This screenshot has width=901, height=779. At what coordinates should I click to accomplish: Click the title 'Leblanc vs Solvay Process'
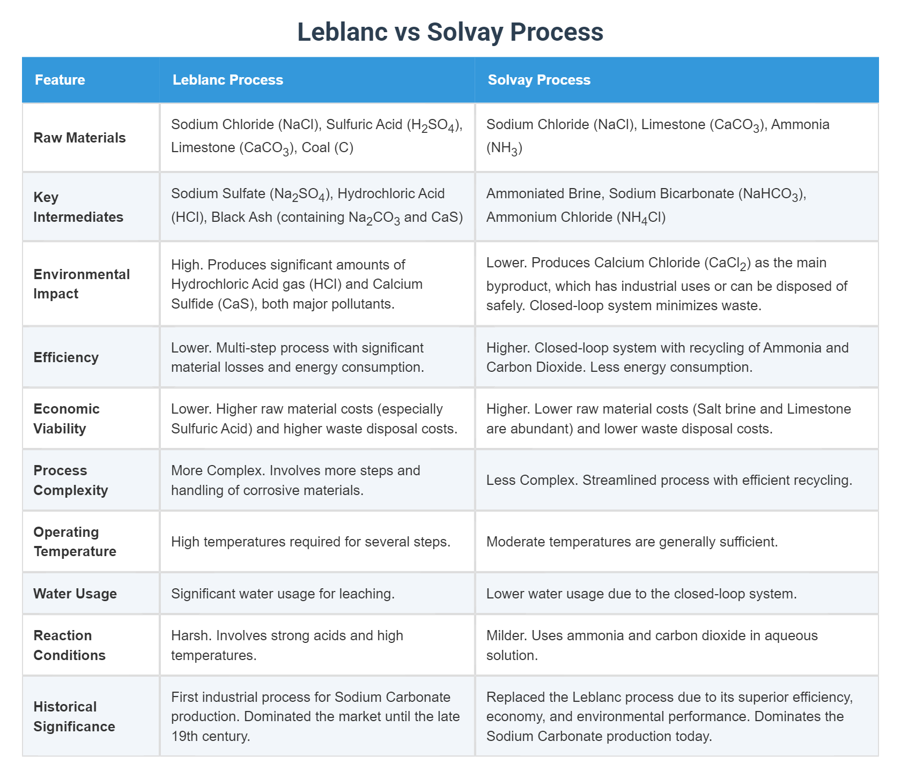pos(450,32)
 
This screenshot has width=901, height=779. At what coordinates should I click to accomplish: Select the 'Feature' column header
pos(60,80)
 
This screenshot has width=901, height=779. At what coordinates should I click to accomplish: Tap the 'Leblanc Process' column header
pos(227,80)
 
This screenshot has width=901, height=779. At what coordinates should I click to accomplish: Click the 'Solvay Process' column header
pos(538,80)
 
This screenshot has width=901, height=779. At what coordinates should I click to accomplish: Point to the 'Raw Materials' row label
pos(79,138)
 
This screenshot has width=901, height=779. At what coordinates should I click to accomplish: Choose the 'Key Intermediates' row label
pos(78,207)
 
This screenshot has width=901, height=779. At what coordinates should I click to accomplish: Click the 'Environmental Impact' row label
pos(82,284)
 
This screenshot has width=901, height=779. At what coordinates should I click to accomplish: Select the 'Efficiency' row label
pos(66,357)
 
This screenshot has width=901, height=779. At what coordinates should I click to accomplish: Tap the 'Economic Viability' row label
pos(67,418)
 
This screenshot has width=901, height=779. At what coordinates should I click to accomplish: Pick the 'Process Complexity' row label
pos(70,480)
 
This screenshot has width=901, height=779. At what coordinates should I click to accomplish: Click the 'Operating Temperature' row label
pos(75,542)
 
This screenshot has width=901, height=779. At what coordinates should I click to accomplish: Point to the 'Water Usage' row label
pos(75,594)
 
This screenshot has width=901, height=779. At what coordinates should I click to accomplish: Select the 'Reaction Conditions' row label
pos(69,645)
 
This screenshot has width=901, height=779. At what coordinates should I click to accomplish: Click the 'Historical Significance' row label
pos(74,716)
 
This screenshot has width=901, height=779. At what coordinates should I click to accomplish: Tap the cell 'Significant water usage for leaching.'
pos(283,594)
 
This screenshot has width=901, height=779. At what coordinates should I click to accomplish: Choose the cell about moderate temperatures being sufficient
pos(632,542)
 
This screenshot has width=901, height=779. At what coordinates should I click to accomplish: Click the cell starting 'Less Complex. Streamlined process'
pos(669,480)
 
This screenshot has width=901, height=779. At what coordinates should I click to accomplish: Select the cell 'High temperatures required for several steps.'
pos(311,542)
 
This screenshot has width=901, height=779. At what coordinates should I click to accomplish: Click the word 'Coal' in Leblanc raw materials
pos(315,147)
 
